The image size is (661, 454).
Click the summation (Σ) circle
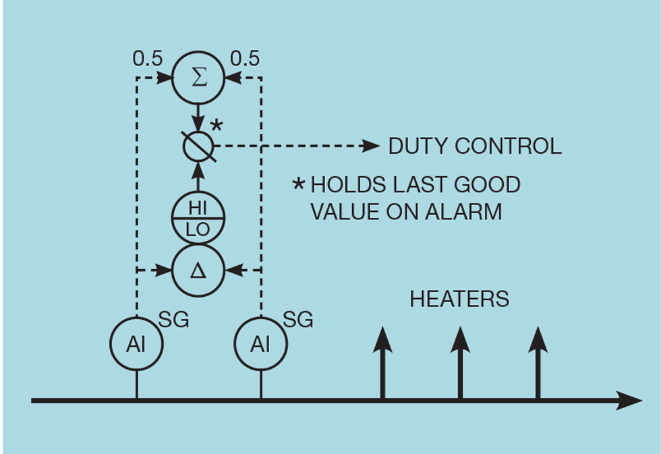point(198,78)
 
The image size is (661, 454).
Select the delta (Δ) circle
point(198,271)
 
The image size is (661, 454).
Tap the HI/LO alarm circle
point(198,218)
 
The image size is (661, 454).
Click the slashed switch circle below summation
point(198,145)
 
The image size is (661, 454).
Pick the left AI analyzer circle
point(136,344)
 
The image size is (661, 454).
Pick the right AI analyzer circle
point(260,344)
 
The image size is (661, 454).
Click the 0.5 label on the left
point(148,59)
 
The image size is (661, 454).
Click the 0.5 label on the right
point(245,59)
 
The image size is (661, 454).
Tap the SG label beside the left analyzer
point(174,320)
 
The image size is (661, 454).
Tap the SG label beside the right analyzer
point(298,320)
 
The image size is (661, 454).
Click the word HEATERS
point(459,299)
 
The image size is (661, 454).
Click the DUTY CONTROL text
point(475,146)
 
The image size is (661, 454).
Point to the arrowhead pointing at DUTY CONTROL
point(371,145)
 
